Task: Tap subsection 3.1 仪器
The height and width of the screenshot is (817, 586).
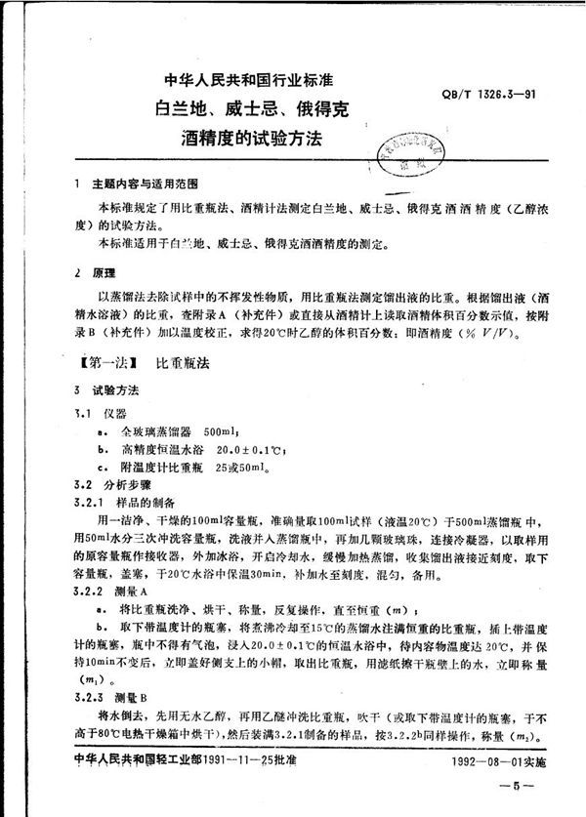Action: pos(100,414)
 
